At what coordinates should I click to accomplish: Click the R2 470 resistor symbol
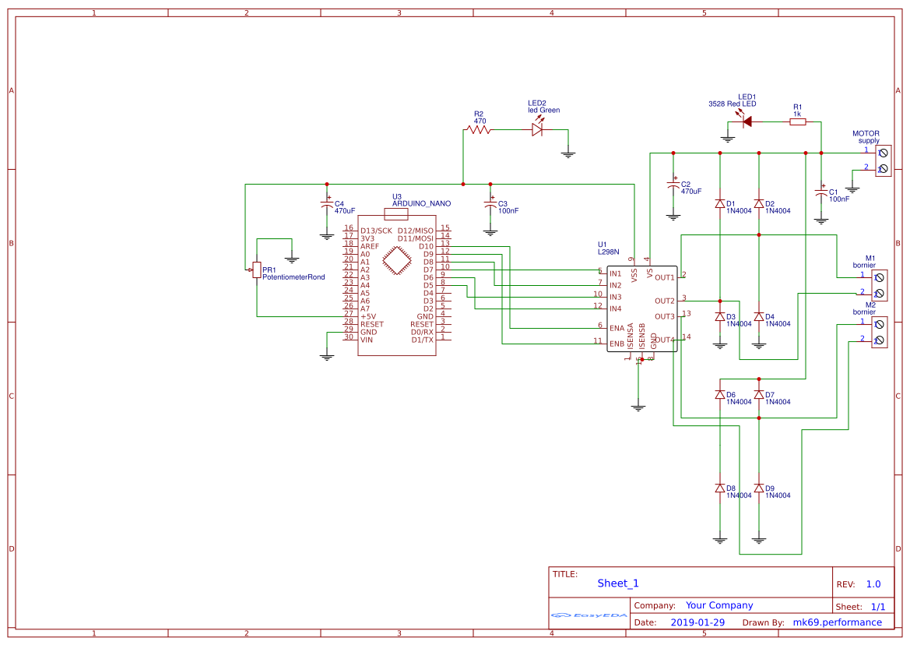479,130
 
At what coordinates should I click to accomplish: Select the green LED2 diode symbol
536,130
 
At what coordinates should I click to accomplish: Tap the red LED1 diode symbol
745,122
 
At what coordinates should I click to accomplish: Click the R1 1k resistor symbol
797,122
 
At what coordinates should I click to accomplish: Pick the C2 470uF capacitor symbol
673,187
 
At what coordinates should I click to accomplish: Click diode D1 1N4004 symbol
720,203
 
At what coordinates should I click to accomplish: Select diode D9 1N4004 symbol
759,488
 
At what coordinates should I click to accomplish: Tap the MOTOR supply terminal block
883,161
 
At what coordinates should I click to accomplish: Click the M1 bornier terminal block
879,285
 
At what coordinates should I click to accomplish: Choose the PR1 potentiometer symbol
257,270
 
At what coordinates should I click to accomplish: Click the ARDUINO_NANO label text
421,203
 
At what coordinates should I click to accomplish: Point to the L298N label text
608,252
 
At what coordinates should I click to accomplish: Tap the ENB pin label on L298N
617,344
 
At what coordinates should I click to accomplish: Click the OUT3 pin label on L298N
664,316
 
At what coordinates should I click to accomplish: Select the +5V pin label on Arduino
368,316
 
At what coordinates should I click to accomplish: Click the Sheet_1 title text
617,583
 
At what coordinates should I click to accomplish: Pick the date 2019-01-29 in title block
697,622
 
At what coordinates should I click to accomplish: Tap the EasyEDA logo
589,615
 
